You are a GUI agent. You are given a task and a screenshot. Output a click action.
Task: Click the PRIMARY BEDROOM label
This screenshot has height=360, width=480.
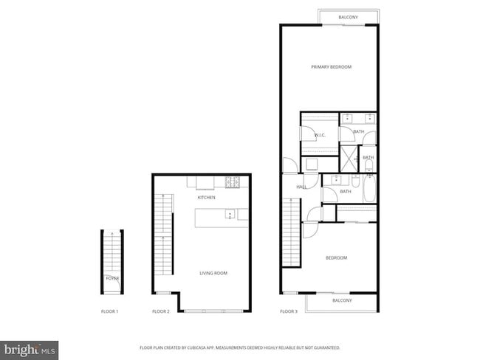pyautogui.click(x=331, y=67)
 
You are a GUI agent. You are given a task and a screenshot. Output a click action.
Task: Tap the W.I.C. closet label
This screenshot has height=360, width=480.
pyautogui.click(x=320, y=135)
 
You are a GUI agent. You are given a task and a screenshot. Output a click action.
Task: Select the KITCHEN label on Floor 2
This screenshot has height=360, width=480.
pyautogui.click(x=206, y=198)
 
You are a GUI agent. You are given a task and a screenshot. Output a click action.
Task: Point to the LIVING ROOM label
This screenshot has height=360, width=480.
pyautogui.click(x=213, y=274)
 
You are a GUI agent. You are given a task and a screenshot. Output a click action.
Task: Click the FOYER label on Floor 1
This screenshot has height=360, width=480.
pyautogui.click(x=112, y=279)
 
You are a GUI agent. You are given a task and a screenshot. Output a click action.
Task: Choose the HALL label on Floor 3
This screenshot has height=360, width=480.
pyautogui.click(x=301, y=187)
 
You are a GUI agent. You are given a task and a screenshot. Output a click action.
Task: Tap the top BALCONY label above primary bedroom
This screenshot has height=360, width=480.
pyautogui.click(x=349, y=17)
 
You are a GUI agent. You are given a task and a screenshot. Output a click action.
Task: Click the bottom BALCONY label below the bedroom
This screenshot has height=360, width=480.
pyautogui.click(x=342, y=300)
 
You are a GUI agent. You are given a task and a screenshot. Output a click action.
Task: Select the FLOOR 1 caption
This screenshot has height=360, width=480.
pyautogui.click(x=109, y=312)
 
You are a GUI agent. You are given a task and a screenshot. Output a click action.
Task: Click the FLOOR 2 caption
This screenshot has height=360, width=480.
pyautogui.click(x=161, y=312)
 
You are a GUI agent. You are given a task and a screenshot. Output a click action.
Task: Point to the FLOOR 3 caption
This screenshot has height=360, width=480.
pyautogui.click(x=289, y=312)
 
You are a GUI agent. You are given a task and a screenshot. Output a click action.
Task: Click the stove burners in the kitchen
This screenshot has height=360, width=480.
pyautogui.click(x=232, y=181)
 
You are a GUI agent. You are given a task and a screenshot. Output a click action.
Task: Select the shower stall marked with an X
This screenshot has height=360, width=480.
pyautogui.click(x=348, y=158)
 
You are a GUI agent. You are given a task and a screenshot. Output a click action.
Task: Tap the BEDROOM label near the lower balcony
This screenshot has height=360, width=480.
pyautogui.click(x=336, y=258)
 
